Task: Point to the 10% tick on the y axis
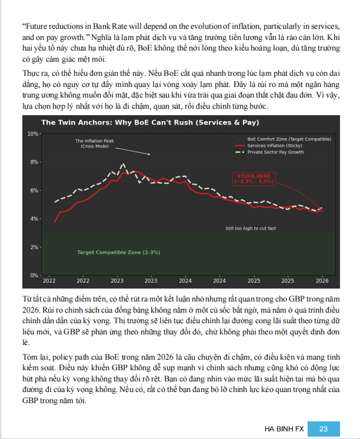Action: tap(32, 134)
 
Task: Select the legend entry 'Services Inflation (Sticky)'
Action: tap(274, 145)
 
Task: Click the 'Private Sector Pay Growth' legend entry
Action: tap(275, 152)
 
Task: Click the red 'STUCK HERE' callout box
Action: tap(254, 179)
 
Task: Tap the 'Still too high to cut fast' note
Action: tap(251, 228)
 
